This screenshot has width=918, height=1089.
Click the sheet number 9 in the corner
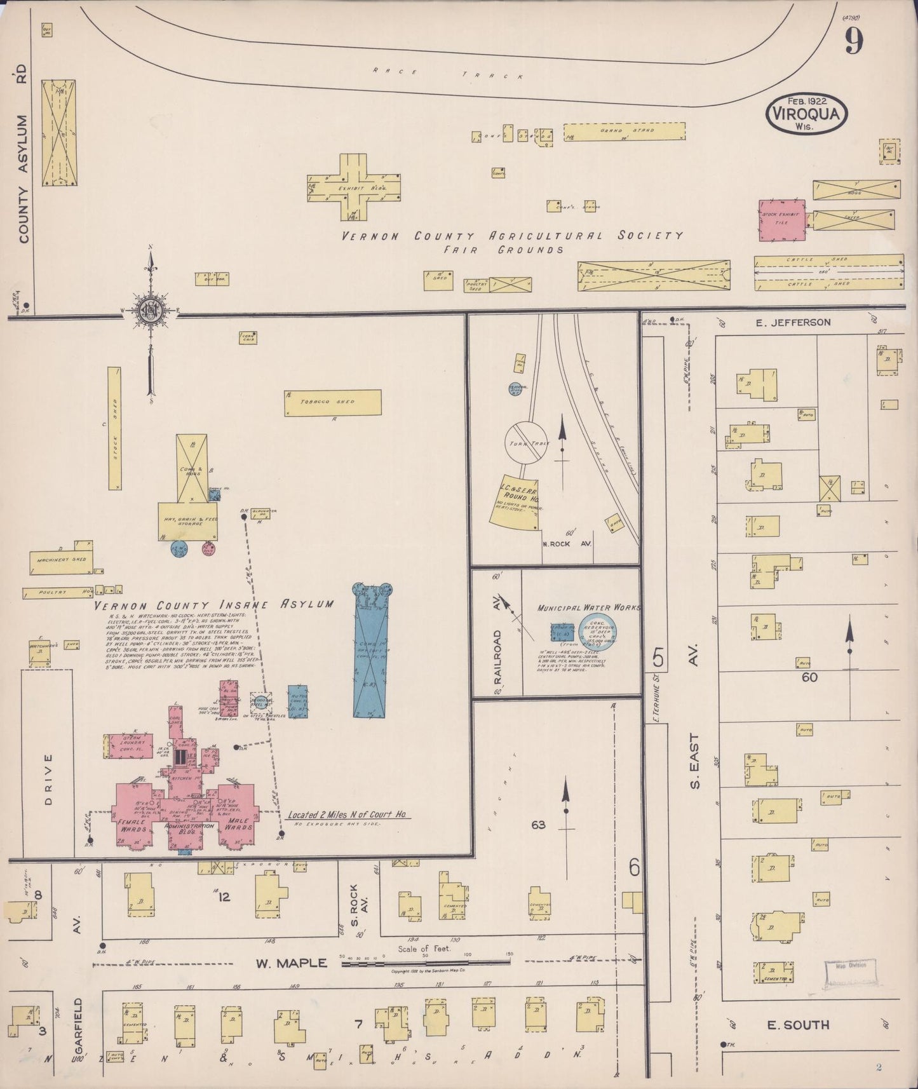point(854,41)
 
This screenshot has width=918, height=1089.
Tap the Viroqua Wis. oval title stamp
point(807,114)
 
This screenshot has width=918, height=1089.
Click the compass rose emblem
point(151,311)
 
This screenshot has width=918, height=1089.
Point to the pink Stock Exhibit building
point(782,220)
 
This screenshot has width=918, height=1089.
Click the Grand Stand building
point(624,131)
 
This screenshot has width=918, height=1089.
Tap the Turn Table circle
point(526,442)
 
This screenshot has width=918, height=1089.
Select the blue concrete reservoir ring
point(597,630)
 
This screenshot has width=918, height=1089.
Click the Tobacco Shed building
point(332,402)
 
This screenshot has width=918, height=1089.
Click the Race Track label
point(448,73)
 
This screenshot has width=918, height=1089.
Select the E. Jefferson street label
point(793,322)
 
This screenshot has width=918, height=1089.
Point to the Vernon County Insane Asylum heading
point(214,604)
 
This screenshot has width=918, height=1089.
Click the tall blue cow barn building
point(372,651)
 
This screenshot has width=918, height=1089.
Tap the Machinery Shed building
point(61,561)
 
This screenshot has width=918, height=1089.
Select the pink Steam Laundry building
point(128,747)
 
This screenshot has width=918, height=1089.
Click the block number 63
point(538,825)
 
